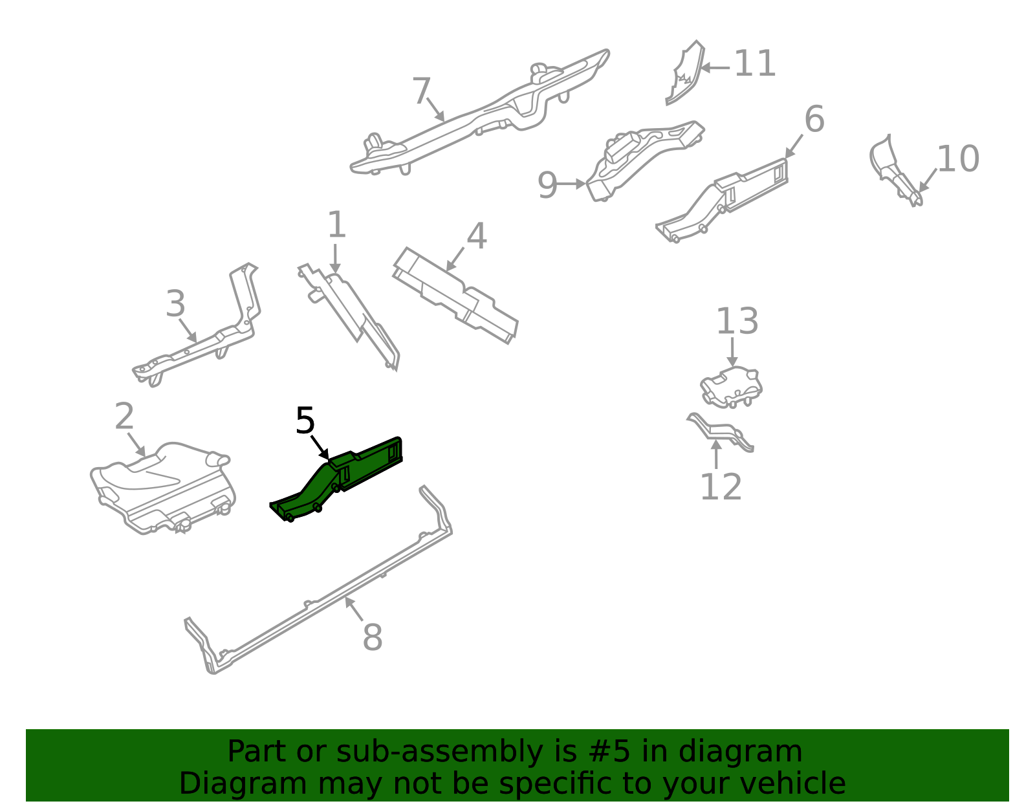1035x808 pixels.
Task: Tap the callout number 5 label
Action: (305, 420)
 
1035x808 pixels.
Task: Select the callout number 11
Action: (755, 63)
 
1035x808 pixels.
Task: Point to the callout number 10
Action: (958, 158)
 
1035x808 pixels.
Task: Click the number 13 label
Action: (737, 321)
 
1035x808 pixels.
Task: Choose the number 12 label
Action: (721, 486)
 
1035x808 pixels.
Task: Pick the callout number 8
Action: (373, 637)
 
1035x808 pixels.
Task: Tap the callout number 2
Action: (124, 416)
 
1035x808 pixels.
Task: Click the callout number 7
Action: (422, 91)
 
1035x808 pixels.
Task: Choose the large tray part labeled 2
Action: (162, 487)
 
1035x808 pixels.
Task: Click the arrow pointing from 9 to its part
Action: (571, 184)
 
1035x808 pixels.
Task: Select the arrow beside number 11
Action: (715, 68)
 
